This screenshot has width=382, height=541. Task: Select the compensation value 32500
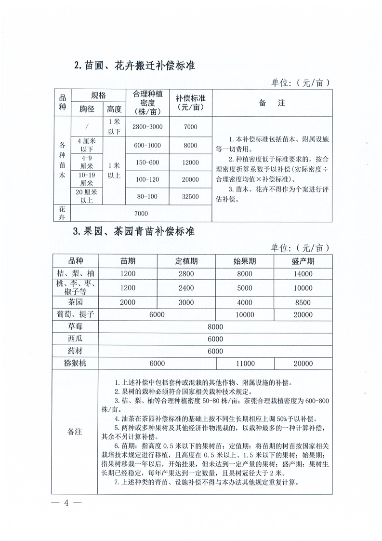point(191,196)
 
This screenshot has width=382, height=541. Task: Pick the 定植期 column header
point(186,261)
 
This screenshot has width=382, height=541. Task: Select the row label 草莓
point(75,326)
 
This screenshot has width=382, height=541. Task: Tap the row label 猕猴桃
point(75,364)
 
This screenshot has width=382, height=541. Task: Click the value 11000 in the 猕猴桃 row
point(245,364)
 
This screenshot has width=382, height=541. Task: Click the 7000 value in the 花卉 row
point(141,213)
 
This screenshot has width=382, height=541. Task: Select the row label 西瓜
point(75,339)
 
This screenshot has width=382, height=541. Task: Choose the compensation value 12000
point(191,162)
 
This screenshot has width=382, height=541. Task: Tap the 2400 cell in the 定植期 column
point(186,288)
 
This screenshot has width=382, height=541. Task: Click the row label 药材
point(75,351)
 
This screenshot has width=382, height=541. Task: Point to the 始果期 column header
point(245,261)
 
